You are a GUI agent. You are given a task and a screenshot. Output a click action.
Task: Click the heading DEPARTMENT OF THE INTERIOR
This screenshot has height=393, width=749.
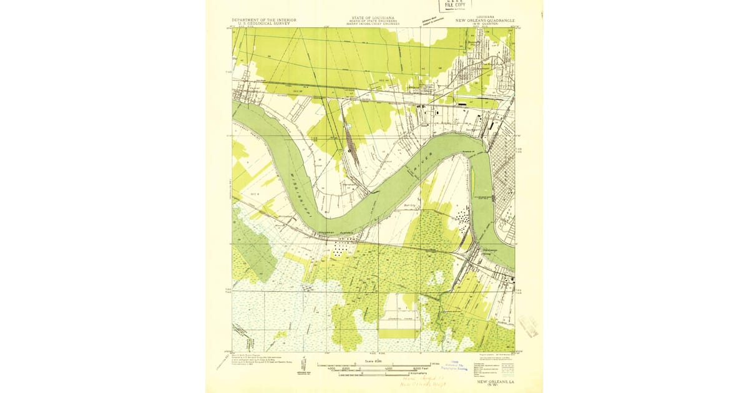(263, 19)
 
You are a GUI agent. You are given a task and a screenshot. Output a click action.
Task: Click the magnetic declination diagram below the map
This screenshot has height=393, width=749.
(303, 363)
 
